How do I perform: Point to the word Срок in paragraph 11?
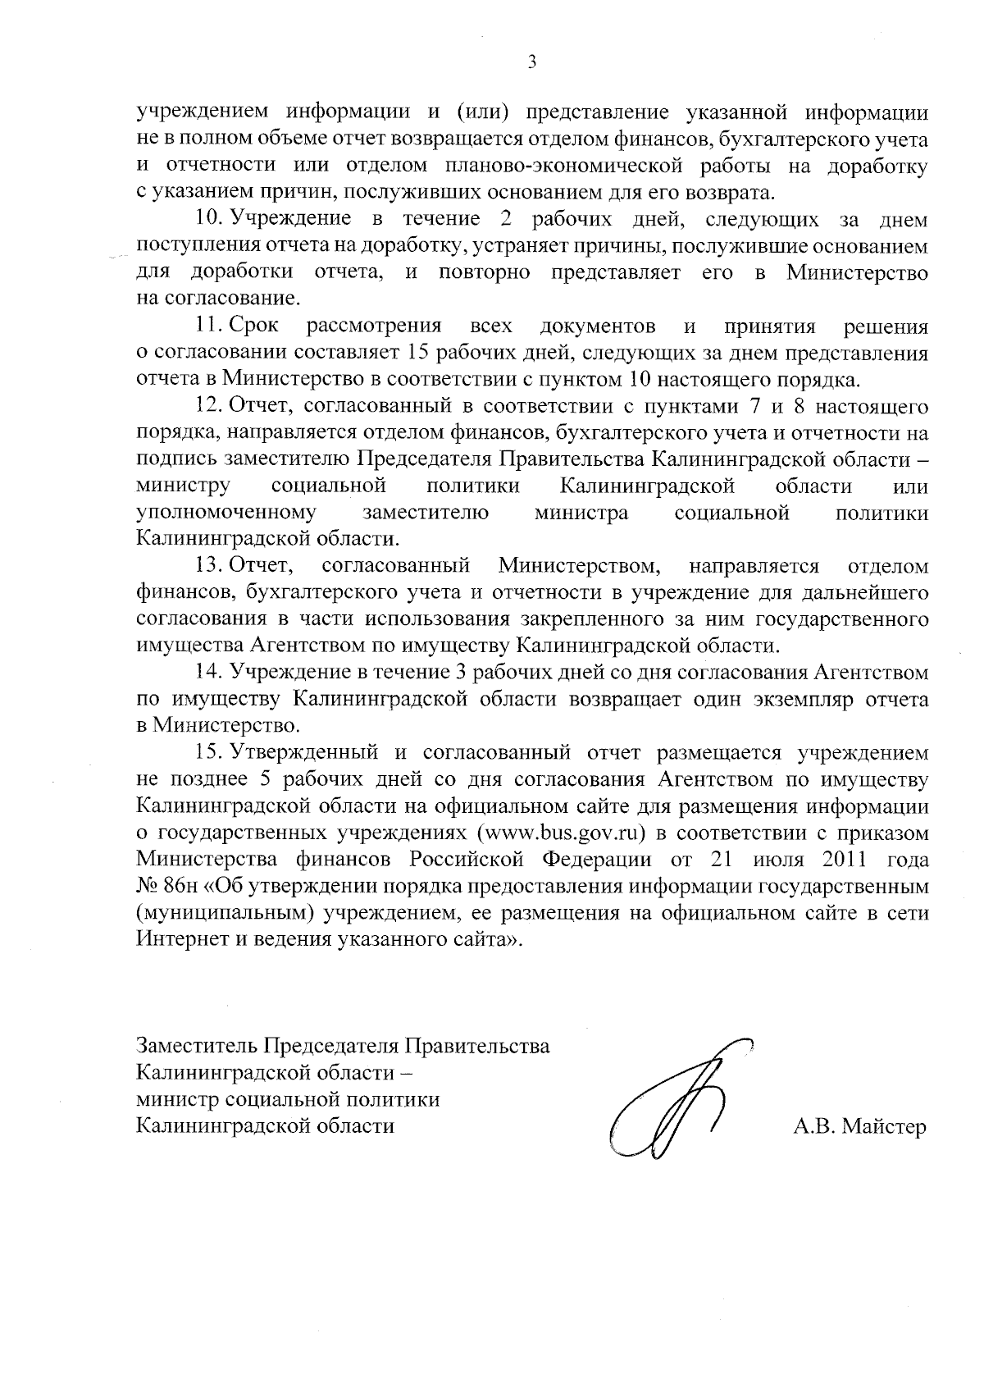click(254, 326)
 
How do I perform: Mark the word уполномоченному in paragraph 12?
click(226, 513)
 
